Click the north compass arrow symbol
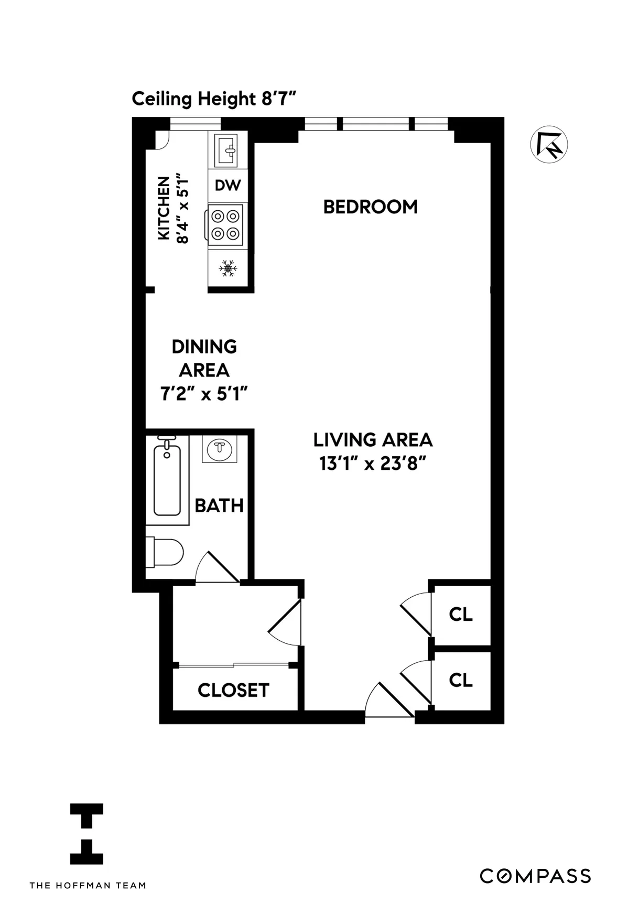(x=549, y=145)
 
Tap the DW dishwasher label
(x=228, y=185)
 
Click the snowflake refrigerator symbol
(x=228, y=269)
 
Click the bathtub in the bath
(x=167, y=480)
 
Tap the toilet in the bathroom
(x=166, y=552)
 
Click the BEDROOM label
(x=370, y=207)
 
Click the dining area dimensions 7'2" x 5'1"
(x=203, y=394)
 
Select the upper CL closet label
(x=461, y=615)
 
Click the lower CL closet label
(x=461, y=680)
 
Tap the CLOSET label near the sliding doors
(x=233, y=691)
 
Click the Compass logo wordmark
(x=535, y=876)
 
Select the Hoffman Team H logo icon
(x=87, y=834)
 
